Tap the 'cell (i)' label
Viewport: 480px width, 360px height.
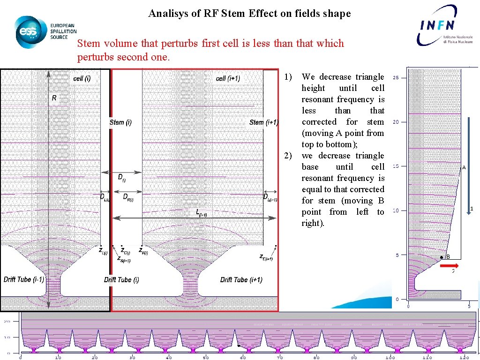[x=82, y=78]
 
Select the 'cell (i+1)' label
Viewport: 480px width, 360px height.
[x=228, y=78]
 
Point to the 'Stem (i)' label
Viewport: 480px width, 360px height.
[x=120, y=123]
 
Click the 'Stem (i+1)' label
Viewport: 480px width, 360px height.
[x=263, y=123]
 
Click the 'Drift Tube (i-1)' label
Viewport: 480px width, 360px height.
[x=24, y=279]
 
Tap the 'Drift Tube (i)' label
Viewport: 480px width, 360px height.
[x=121, y=280]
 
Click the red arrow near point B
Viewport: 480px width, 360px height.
[x=452, y=265]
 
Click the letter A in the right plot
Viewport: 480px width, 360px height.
[x=464, y=167]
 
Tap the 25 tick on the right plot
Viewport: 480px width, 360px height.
[x=396, y=78]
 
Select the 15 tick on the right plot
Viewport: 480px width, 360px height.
[x=396, y=166]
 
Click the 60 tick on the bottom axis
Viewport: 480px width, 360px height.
[x=243, y=357]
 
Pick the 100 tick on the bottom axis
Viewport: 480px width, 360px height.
[x=390, y=357]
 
